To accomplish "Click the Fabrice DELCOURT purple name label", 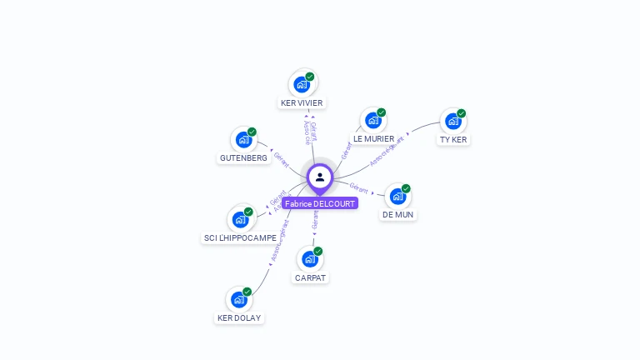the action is (320, 203).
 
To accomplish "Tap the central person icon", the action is (320, 177).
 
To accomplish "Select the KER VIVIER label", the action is (302, 102).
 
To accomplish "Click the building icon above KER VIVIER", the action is (302, 84).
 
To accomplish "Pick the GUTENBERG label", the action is (243, 157).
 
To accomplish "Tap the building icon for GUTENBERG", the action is (243, 139).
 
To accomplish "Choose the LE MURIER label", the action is (373, 138).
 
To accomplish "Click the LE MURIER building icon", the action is (373, 120).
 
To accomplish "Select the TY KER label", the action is (453, 139).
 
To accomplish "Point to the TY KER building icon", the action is (453, 121).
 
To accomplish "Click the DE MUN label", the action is (398, 214).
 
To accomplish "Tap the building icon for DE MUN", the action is (398, 196).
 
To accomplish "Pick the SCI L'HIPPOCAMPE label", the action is (241, 237).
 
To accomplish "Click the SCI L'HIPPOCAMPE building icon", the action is (241, 219).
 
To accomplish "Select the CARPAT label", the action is (310, 277).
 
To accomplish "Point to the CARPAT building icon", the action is (310, 259).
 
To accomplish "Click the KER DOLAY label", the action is (239, 317).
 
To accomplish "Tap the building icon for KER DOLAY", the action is (239, 299).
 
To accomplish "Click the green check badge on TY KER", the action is (461, 113).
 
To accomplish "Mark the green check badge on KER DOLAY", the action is (247, 292).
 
